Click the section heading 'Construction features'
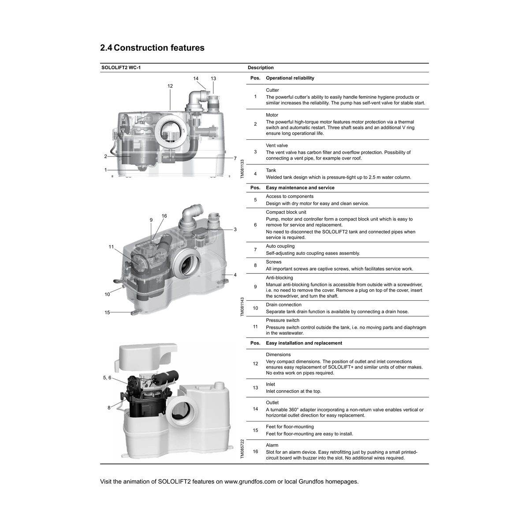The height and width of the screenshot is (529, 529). click(159, 48)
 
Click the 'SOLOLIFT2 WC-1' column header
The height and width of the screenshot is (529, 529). click(121, 67)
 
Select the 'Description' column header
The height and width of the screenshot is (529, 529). click(261, 67)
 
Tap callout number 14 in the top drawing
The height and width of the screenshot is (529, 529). click(196, 78)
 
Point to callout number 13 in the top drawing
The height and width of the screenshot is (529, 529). click(213, 78)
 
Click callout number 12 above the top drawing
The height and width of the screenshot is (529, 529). click(170, 86)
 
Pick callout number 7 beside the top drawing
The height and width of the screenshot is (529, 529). click(235, 158)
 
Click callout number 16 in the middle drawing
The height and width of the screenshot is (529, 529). click(164, 216)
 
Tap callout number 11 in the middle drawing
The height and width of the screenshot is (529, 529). click(111, 247)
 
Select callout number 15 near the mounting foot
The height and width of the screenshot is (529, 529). click(107, 313)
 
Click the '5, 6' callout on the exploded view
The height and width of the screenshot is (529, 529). click(107, 378)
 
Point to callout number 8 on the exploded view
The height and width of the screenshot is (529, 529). click(109, 408)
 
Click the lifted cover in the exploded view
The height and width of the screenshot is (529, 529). click(145, 358)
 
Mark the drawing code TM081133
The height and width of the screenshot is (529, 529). click(242, 169)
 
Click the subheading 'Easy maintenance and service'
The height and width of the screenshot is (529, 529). click(300, 188)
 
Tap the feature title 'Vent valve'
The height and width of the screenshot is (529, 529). click(277, 145)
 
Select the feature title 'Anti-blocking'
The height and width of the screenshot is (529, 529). click(279, 278)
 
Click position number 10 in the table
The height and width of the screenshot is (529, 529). click(255, 308)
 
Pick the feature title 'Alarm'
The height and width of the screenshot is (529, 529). click(272, 445)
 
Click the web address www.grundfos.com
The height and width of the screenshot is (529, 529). click(250, 482)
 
